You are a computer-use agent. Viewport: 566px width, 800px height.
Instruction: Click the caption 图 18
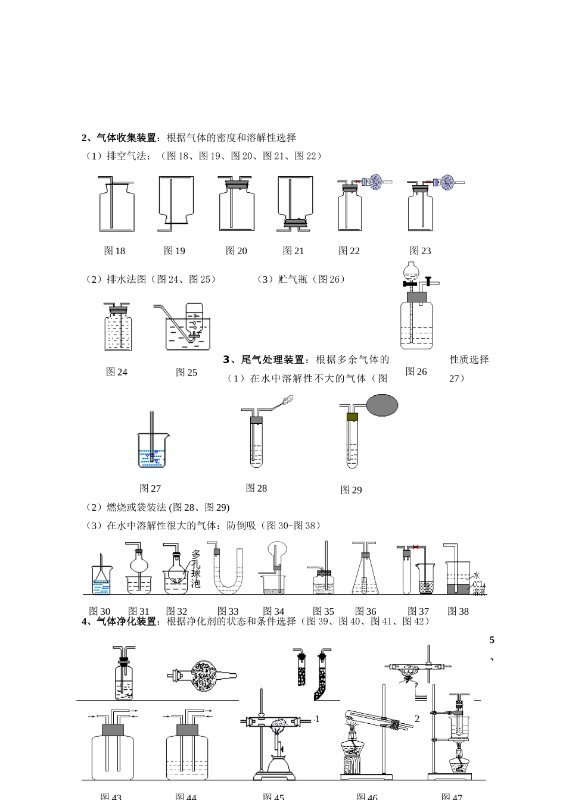tap(114, 251)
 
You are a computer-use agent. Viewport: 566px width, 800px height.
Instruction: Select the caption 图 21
tap(293, 251)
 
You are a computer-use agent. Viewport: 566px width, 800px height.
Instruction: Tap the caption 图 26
tap(416, 371)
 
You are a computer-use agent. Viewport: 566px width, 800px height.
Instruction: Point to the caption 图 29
tap(351, 490)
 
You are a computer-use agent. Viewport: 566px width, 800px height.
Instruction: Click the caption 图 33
tap(228, 611)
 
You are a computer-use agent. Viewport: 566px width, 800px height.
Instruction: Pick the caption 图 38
tap(458, 611)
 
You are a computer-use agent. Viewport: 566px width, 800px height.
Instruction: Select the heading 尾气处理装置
tap(275, 360)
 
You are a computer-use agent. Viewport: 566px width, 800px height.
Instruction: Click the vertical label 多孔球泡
tap(196, 569)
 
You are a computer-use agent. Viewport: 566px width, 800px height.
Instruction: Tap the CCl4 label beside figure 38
tap(478, 586)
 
